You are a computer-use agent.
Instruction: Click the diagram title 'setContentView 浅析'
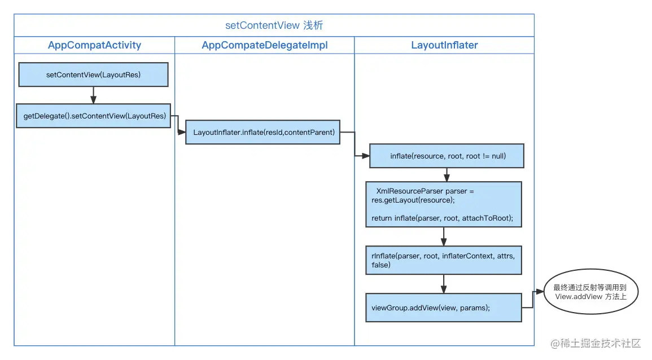tap(274, 26)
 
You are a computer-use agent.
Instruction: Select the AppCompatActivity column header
tap(94, 45)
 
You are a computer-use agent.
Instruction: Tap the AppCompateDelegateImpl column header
tap(264, 45)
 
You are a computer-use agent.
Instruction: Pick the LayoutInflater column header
tap(444, 45)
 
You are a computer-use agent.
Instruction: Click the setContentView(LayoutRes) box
tap(93, 74)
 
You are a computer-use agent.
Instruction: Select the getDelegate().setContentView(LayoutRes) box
tap(93, 116)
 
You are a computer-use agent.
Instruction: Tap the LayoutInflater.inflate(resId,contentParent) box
tap(263, 132)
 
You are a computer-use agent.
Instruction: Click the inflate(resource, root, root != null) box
tap(447, 156)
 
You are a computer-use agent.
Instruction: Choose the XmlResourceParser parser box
tap(443, 204)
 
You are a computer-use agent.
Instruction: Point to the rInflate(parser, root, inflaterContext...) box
tap(443, 260)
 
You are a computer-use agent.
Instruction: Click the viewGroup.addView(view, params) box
tap(443, 308)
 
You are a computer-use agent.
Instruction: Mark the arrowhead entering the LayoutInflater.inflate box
tap(182, 132)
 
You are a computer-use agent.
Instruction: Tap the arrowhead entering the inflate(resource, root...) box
tap(366, 155)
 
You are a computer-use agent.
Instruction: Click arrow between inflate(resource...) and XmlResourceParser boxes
tap(447, 174)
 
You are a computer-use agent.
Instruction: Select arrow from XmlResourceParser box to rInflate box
tap(444, 236)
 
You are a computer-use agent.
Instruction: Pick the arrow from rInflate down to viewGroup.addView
tap(444, 284)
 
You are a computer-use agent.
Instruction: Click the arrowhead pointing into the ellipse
tap(540, 292)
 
